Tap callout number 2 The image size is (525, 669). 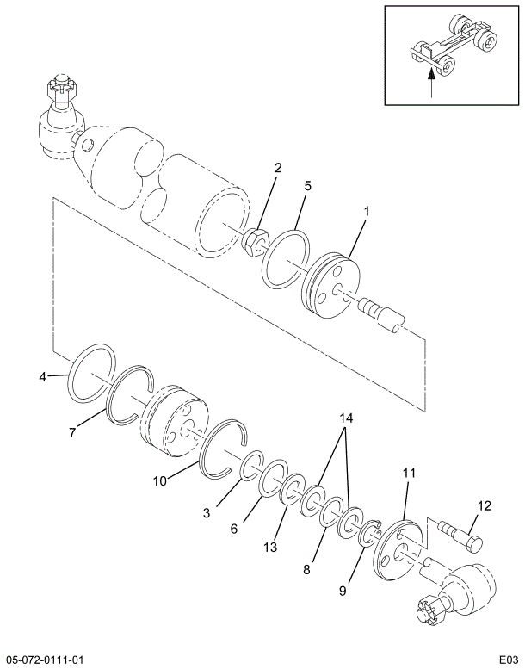(278, 168)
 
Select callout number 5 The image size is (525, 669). (307, 186)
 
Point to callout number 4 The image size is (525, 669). (42, 376)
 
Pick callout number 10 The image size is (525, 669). (160, 480)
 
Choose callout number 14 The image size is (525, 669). (346, 418)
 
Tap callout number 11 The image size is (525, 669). (409, 473)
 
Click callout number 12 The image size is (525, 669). (484, 505)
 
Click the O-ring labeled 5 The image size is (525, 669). (287, 257)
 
